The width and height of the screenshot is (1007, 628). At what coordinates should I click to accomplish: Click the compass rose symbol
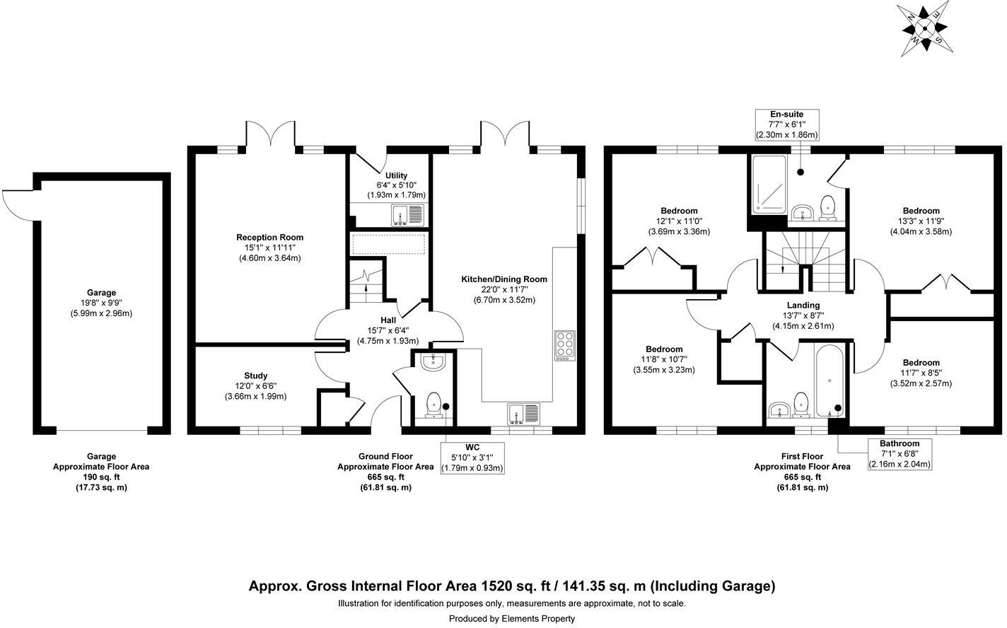point(923,29)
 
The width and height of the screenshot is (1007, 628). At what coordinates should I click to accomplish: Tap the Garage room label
point(101,293)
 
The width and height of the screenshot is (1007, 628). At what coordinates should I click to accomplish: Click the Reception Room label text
point(269,238)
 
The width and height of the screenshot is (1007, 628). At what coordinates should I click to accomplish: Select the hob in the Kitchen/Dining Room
point(565,346)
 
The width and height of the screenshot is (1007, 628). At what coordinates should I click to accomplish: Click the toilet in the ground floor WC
point(435,405)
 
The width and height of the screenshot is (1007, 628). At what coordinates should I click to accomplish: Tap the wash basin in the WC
point(432,363)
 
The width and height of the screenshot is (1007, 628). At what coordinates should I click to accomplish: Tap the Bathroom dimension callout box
point(900,454)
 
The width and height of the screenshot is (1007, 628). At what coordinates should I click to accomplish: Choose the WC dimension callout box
point(472,458)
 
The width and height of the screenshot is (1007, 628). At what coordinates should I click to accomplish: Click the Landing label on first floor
point(802,305)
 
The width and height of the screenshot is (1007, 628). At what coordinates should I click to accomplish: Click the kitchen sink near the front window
point(523,412)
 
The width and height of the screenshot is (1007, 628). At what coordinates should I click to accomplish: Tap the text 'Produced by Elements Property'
point(512,619)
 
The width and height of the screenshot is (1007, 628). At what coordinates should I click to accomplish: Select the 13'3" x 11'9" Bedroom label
point(921,221)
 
